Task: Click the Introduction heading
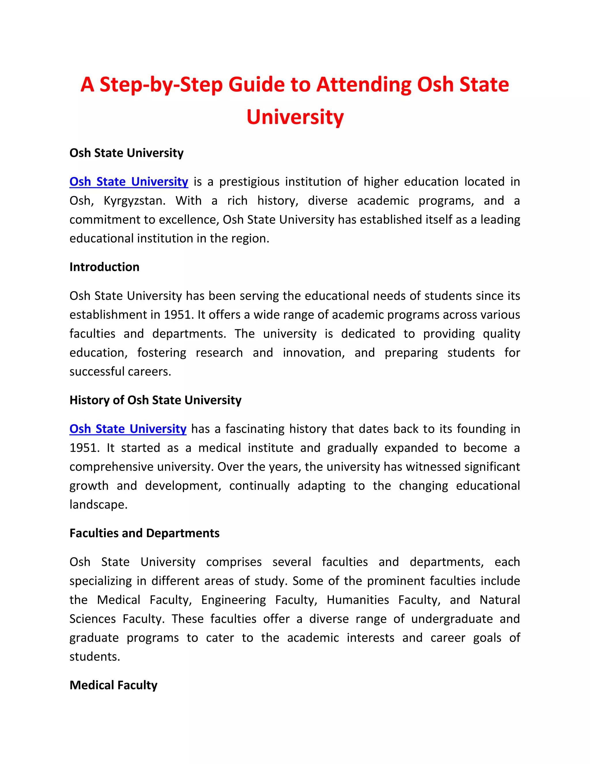click(104, 267)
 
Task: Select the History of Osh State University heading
click(155, 400)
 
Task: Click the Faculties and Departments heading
click(144, 533)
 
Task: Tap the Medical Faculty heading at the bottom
click(113, 685)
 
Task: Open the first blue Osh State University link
click(128, 182)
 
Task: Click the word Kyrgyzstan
click(135, 200)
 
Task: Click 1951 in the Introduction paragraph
click(178, 315)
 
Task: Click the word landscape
click(98, 505)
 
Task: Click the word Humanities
click(358, 600)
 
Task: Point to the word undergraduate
click(452, 618)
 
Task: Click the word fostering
click(162, 352)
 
